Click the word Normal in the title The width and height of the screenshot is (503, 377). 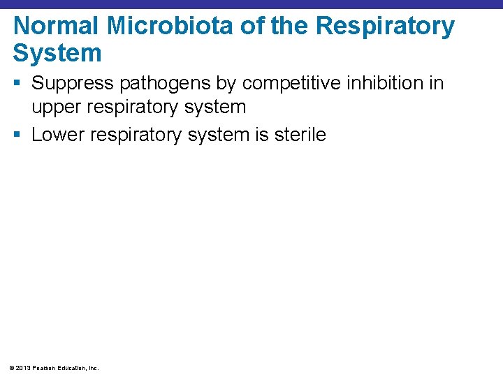[x=54, y=26]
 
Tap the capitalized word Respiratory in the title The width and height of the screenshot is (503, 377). [x=385, y=26]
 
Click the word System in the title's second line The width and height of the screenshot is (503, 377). [x=57, y=53]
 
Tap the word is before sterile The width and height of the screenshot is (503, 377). [x=261, y=134]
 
